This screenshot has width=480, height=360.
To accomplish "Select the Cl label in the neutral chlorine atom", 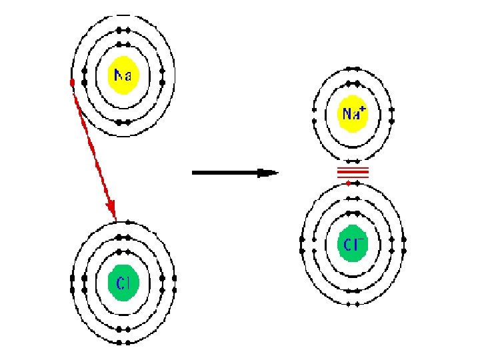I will pos(123,283).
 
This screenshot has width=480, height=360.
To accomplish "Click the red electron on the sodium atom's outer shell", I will pos(72,82).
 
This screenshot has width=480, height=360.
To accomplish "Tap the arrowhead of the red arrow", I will pos(114,214).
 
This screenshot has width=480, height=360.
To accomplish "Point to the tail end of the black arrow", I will pos(194,173).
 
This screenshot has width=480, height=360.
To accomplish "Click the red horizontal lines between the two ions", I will pos(352,172).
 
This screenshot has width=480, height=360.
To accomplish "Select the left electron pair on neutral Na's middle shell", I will pos(84,75).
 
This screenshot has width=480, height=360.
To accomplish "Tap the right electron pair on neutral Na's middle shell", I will pos(162,75).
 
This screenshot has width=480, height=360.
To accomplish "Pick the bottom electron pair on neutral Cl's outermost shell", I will pos(123,343).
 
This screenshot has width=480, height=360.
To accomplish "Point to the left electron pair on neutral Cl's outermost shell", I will pos(72,283).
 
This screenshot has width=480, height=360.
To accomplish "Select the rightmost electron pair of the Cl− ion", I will pos(403,244).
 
